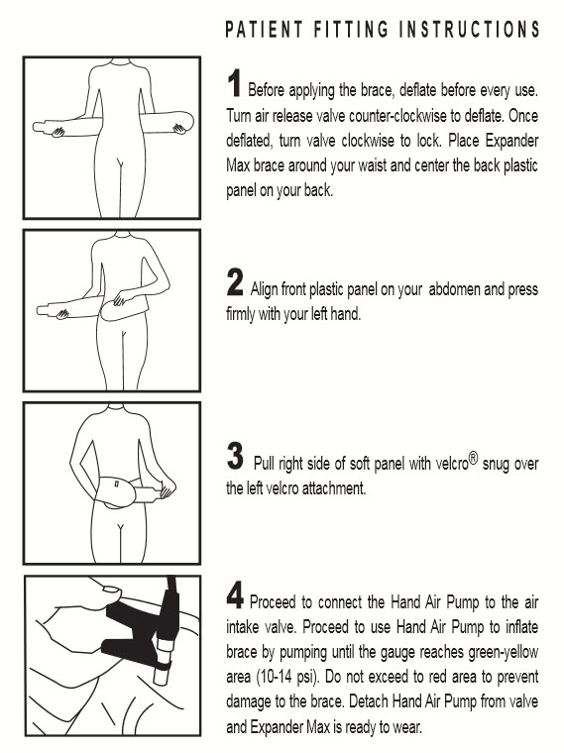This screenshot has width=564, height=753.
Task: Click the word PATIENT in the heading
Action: [265, 30]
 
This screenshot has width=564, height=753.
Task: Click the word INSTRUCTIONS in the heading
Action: [470, 30]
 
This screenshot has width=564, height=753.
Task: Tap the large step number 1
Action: [234, 83]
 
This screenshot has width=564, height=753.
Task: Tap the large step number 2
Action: [235, 282]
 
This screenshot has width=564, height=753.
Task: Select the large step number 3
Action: [235, 456]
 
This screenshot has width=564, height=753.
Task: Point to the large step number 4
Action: [235, 595]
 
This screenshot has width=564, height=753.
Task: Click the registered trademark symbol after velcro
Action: [474, 460]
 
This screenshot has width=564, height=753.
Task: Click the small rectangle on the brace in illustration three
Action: [117, 482]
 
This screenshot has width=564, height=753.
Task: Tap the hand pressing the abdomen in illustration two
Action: [120, 299]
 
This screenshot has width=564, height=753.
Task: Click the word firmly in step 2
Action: [241, 314]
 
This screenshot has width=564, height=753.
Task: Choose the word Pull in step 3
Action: [264, 464]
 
